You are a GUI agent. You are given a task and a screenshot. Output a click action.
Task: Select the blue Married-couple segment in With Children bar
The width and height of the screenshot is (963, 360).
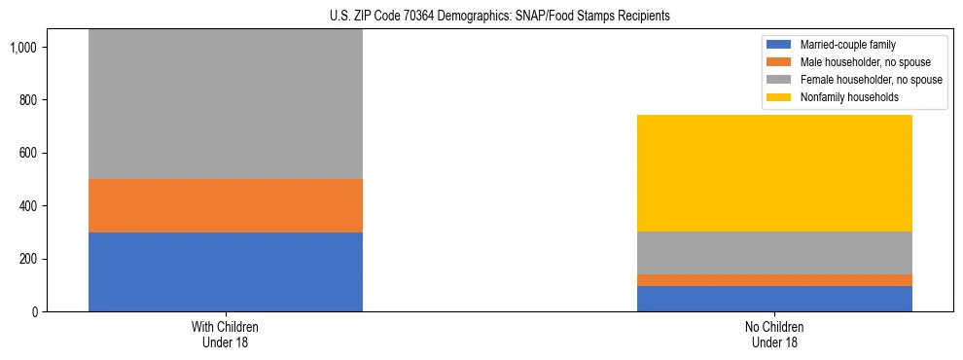click(x=226, y=271)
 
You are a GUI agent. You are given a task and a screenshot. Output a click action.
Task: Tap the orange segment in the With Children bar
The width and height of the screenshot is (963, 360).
click(x=226, y=205)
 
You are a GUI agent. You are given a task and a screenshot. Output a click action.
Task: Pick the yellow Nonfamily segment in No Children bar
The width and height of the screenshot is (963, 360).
click(x=774, y=173)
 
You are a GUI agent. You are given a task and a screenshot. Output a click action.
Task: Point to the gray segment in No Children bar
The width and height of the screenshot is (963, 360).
click(x=774, y=253)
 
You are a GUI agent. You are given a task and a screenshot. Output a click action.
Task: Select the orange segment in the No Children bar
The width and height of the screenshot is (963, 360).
click(x=774, y=280)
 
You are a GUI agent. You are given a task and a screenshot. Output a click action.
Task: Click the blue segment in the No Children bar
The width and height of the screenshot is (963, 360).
click(x=774, y=299)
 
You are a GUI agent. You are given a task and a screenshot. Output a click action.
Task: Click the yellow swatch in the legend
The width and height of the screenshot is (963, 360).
click(x=779, y=97)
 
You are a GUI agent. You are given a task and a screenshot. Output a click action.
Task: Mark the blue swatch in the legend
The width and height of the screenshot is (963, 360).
click(x=779, y=45)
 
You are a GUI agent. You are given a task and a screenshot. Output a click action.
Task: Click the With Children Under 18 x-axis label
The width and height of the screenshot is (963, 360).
click(x=226, y=335)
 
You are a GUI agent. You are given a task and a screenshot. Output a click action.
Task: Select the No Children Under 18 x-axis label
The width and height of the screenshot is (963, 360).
click(x=774, y=335)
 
